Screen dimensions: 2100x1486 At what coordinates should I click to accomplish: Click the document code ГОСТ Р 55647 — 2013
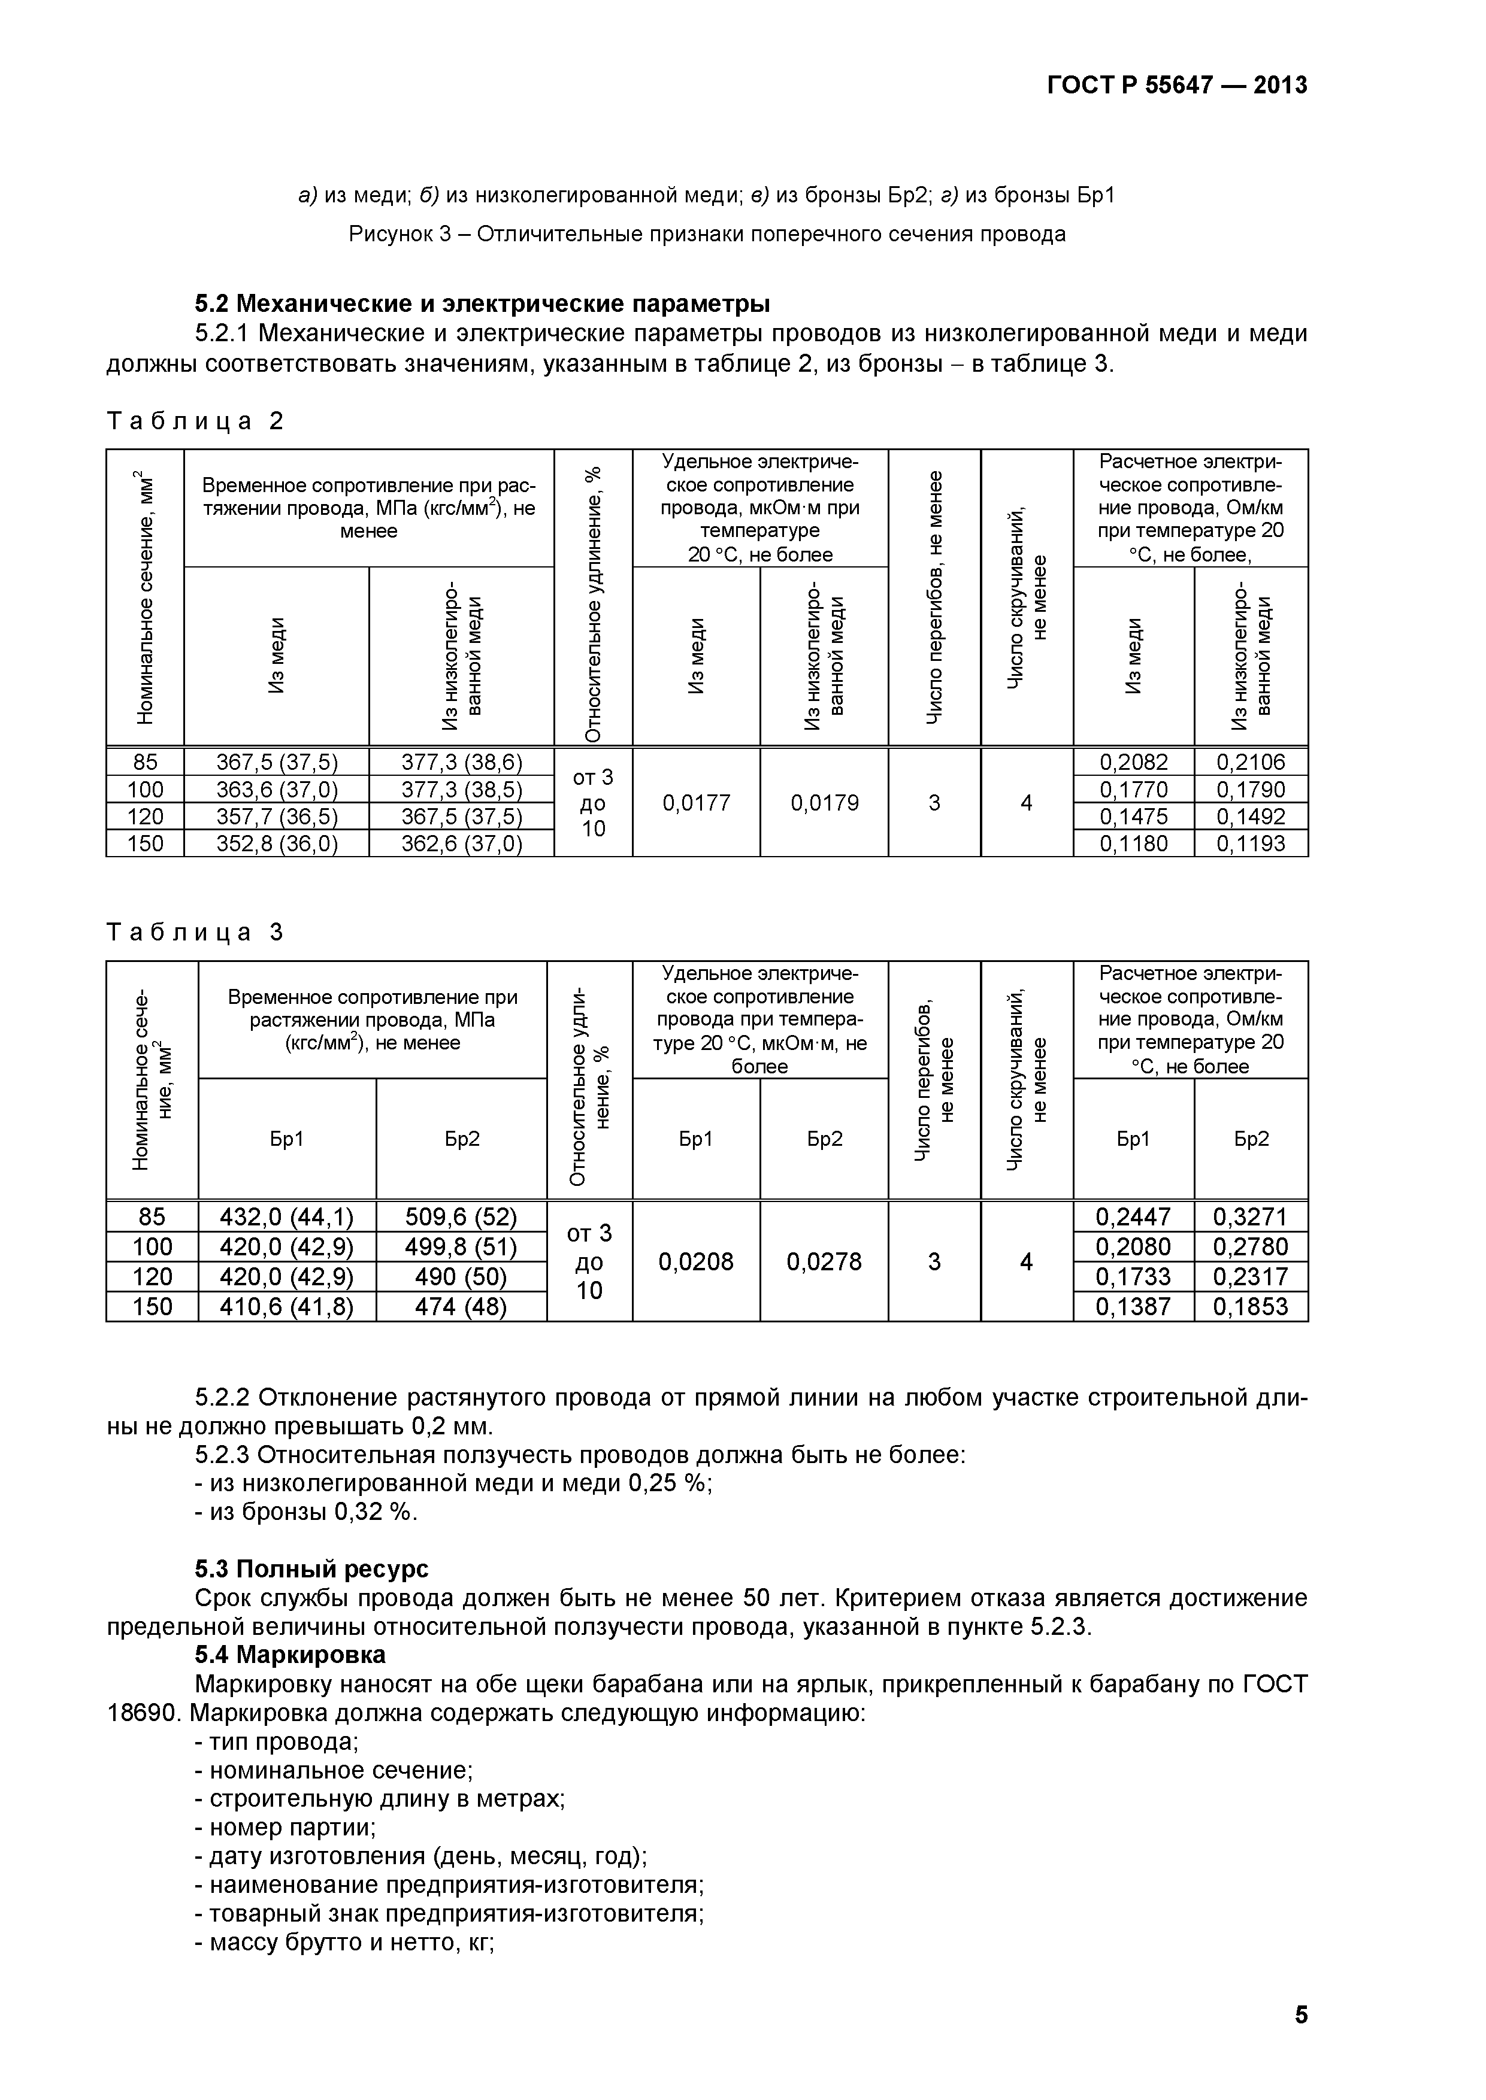pyautogui.click(x=1177, y=86)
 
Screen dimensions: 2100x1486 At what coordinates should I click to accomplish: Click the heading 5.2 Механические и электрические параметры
pyautogui.click(x=482, y=304)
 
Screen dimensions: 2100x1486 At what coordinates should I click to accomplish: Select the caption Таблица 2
pyautogui.click(x=196, y=421)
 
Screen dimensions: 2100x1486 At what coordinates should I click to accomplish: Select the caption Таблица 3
pyautogui.click(x=196, y=932)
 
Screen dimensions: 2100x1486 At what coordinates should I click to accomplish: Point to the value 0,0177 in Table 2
pyautogui.click(x=697, y=803)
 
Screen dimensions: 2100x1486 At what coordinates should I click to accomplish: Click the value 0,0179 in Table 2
pyautogui.click(x=824, y=803)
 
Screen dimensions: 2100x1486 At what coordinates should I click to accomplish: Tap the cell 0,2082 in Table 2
pyautogui.click(x=1134, y=762)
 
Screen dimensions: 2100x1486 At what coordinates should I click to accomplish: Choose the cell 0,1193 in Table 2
pyautogui.click(x=1250, y=843)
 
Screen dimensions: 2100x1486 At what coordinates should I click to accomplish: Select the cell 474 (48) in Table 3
pyautogui.click(x=461, y=1306)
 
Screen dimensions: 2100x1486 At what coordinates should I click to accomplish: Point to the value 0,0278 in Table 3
pyautogui.click(x=824, y=1262)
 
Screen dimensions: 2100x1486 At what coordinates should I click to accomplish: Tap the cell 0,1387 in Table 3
pyautogui.click(x=1134, y=1306)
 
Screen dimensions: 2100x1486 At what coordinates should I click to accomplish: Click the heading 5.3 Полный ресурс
pyautogui.click(x=311, y=1568)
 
